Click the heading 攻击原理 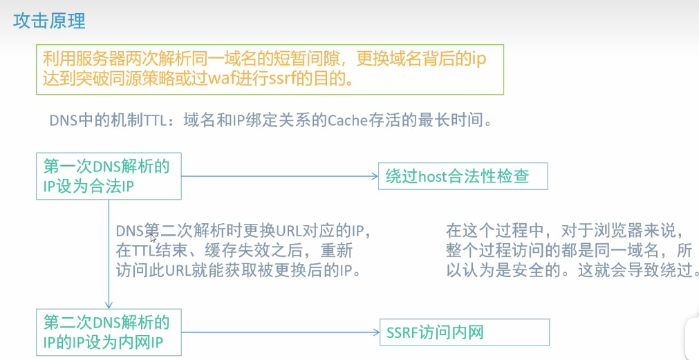(x=50, y=21)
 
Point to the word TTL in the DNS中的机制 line (x=158, y=120)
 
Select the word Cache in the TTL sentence (x=349, y=120)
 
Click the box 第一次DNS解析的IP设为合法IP (x=109, y=176)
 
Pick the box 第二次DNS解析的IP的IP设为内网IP (x=109, y=332)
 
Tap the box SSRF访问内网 (x=464, y=332)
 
